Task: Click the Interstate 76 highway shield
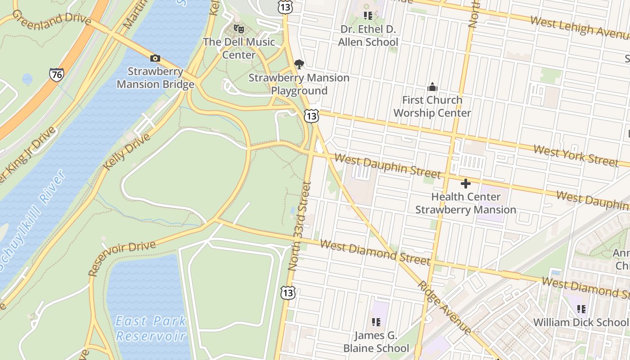(57, 74)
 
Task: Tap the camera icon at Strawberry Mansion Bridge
(155, 58)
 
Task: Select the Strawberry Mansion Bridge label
(156, 78)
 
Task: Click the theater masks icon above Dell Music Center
(239, 29)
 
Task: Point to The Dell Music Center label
(239, 48)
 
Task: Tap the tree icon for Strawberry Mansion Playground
(299, 64)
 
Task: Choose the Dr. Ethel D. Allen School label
(368, 36)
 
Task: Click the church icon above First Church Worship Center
(432, 87)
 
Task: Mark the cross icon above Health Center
(466, 184)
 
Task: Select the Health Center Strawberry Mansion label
(466, 203)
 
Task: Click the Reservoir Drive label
(121, 258)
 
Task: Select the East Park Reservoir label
(151, 328)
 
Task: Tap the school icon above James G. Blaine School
(376, 322)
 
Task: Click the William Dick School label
(580, 322)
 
